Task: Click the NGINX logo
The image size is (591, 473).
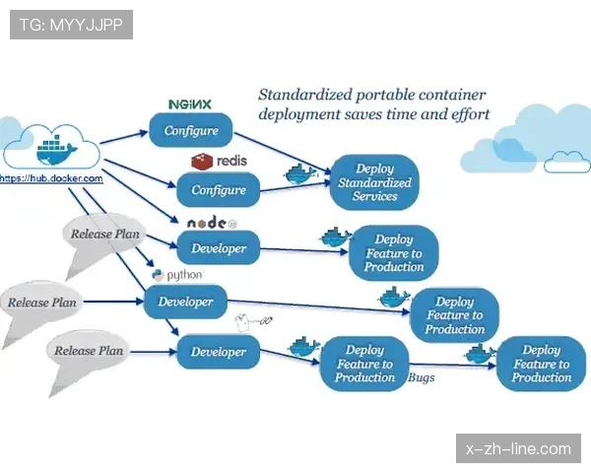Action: pyautogui.click(x=190, y=103)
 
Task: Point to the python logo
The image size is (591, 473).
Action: pyautogui.click(x=177, y=275)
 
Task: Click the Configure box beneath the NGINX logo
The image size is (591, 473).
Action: pyautogui.click(x=191, y=130)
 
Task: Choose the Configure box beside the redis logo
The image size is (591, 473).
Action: pyautogui.click(x=219, y=189)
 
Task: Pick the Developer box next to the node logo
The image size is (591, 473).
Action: pyautogui.click(x=219, y=248)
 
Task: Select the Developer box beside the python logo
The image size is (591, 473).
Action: pyautogui.click(x=185, y=302)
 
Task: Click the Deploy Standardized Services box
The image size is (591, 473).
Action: pyautogui.click(x=374, y=182)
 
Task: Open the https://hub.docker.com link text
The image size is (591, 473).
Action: pyautogui.click(x=51, y=178)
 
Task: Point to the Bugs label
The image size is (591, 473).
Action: pyautogui.click(x=422, y=377)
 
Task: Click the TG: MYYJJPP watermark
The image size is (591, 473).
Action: pyautogui.click(x=71, y=25)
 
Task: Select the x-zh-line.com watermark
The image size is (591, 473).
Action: pyautogui.click(x=517, y=448)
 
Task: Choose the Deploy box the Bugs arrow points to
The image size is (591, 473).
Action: pyautogui.click(x=541, y=364)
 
